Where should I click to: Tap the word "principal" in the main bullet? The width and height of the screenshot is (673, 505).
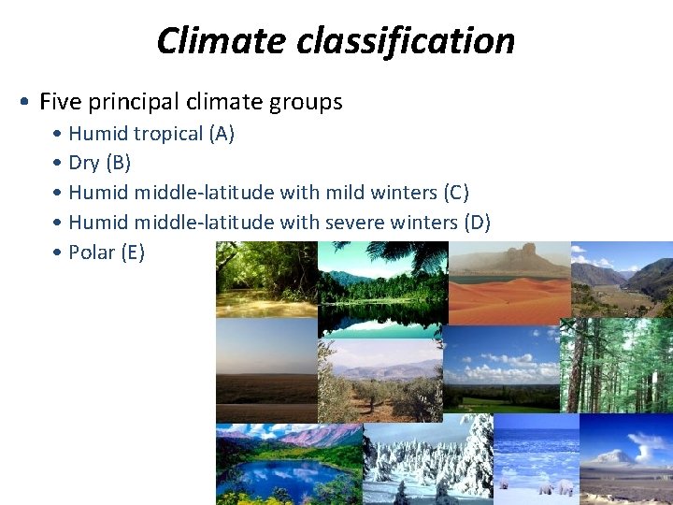tap(134, 101)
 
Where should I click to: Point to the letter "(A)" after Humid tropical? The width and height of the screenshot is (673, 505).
tap(222, 134)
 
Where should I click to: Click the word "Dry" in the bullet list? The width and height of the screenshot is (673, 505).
tap(84, 163)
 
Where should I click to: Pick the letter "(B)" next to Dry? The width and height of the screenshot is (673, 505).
tap(119, 163)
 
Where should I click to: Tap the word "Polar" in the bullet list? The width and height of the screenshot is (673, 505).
tap(92, 252)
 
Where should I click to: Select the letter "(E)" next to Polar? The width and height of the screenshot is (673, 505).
tap(132, 252)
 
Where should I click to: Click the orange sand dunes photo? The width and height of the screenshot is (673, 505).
tap(509, 297)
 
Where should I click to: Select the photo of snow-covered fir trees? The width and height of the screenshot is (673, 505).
tap(428, 462)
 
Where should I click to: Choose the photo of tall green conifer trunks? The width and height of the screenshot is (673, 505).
tap(617, 365)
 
